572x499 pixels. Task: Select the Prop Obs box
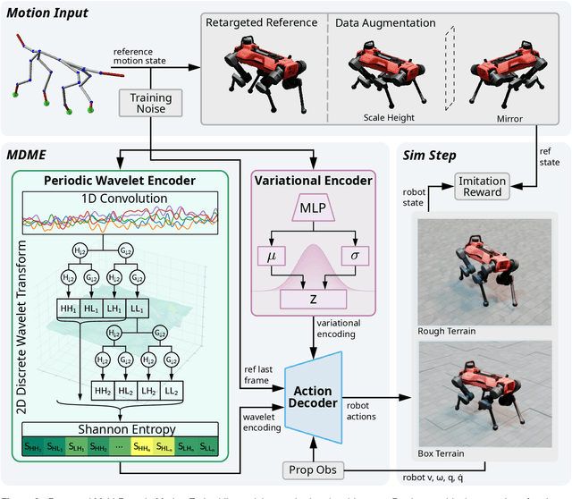click(x=313, y=469)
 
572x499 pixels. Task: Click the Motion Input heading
click(x=54, y=13)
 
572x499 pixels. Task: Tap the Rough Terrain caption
click(x=448, y=332)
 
